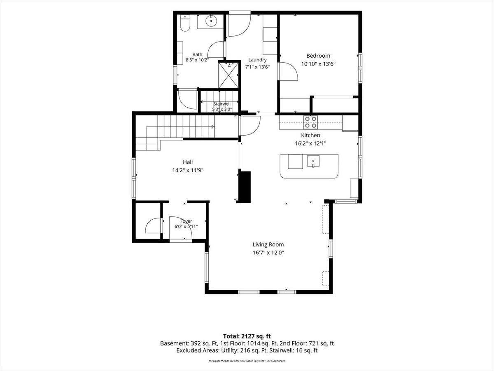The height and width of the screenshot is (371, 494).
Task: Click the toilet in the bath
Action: click(185, 23)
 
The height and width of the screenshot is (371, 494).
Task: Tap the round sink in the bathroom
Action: click(211, 21)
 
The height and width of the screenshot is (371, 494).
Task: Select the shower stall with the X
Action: click(228, 75)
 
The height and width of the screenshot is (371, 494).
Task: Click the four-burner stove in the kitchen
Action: click(310, 122)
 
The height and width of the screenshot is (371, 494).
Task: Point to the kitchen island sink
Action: click(313, 161)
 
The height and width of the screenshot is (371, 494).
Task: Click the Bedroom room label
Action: click(318, 56)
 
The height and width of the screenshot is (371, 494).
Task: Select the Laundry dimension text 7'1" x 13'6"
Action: click(257, 67)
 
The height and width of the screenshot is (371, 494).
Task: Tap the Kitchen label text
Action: click(310, 135)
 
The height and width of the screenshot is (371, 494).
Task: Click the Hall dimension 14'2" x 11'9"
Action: click(188, 170)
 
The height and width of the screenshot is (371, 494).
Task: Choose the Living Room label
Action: click(268, 244)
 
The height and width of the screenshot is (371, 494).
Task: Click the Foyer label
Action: click(186, 221)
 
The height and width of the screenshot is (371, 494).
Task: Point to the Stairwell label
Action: click(222, 104)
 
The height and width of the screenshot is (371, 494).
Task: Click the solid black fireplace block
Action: click(245, 187)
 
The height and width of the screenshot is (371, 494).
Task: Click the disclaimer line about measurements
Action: click(247, 361)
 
